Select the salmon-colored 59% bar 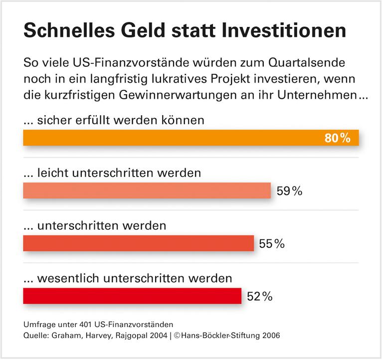coord(147,191)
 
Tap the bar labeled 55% coord(139,243)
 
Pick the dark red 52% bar coord(132,296)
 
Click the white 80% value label coord(338,138)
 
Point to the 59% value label coord(289,191)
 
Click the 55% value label coord(272,244)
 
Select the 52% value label coord(260,297)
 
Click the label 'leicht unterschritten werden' coord(112,173)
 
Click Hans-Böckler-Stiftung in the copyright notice coord(225,335)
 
